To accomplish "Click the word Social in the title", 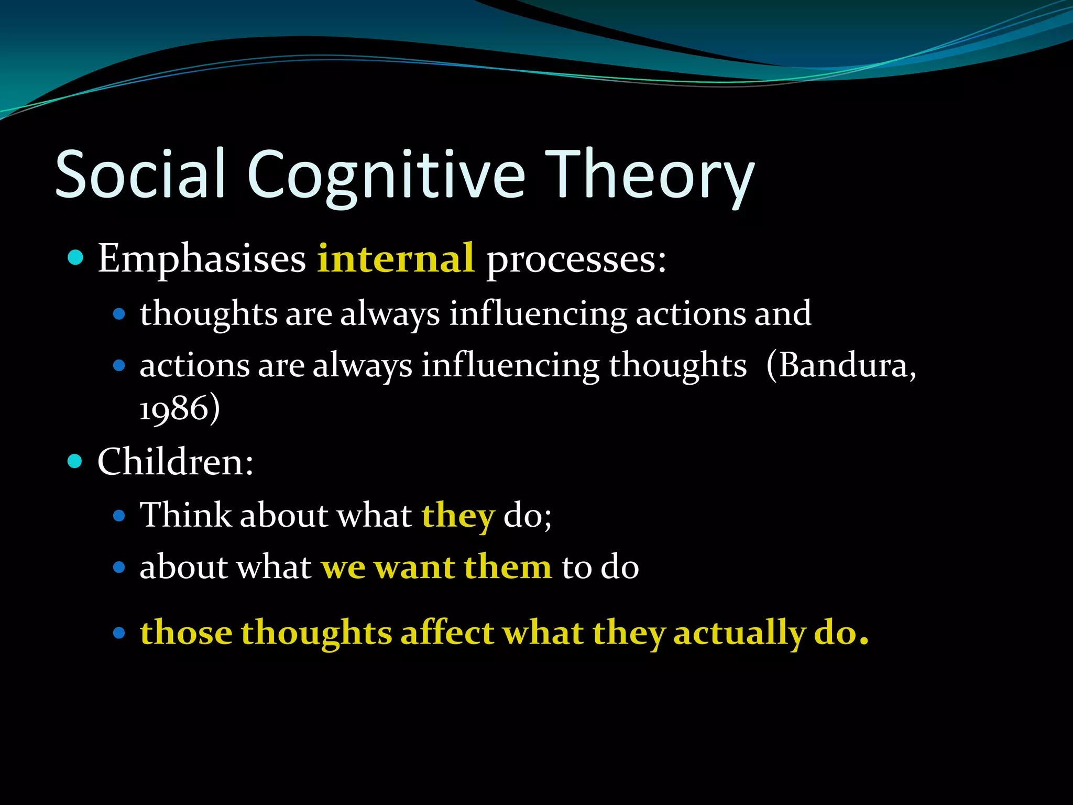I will coord(140,174).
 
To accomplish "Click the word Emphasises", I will coord(202,259).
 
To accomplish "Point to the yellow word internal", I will coord(396,258).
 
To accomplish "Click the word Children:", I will coord(176,462).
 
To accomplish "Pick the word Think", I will coord(185,515).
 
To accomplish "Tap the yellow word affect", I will coord(447,632).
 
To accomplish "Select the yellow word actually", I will coord(739,633).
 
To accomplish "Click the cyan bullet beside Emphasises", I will coord(76,258).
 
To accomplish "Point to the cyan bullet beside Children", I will coord(76,462).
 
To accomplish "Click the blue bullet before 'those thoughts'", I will coord(119,633).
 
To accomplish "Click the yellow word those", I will coord(186,632).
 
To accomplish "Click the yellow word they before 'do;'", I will coord(458,516).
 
